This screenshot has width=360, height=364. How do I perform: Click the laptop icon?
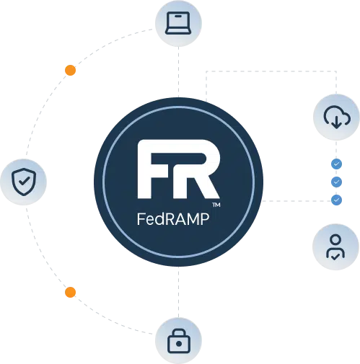[178, 23]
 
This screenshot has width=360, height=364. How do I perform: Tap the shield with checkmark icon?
[24, 182]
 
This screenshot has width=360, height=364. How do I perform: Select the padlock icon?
[179, 341]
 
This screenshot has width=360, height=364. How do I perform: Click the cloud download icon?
[337, 117]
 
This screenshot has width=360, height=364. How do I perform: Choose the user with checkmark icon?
[335, 247]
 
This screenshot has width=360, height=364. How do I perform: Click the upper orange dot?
[70, 70]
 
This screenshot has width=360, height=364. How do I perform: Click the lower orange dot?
[70, 292]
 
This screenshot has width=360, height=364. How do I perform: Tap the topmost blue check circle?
[336, 164]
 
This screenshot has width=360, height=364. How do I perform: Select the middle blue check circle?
[336, 182]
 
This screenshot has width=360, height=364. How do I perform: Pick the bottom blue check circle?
[336, 200]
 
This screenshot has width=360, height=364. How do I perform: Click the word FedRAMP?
[173, 219]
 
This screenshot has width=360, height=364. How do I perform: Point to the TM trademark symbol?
[216, 205]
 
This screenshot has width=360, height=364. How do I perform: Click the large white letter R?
[197, 169]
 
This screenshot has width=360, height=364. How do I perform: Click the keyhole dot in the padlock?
[179, 344]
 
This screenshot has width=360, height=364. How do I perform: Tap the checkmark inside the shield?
[25, 181]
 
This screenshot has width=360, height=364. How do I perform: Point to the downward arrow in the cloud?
[336, 122]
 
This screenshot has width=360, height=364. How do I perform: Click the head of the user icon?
[335, 240]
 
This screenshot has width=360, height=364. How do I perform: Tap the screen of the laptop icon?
[178, 20]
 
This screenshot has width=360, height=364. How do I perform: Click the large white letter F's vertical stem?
[144, 169]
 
